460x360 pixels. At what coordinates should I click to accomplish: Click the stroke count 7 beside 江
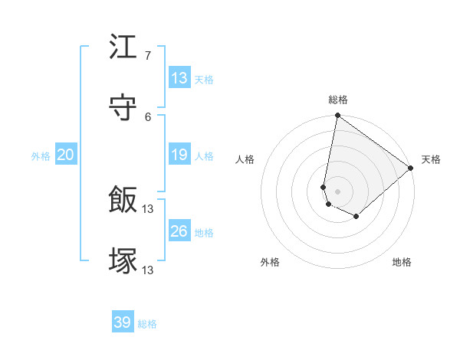tap(147, 55)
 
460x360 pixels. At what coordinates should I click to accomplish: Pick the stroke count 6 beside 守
tap(147, 116)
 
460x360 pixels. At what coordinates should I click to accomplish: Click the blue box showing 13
tap(179, 78)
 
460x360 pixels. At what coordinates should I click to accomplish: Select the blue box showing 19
tap(179, 155)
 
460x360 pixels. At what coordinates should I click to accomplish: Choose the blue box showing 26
tap(179, 231)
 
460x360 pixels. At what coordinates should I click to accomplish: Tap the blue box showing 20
tap(66, 155)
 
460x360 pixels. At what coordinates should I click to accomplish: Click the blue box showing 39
tap(123, 322)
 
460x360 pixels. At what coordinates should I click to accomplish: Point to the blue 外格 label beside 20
tap(41, 156)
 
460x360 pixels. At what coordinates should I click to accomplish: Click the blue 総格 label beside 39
tap(147, 324)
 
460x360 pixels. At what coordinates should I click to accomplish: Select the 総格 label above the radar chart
tap(338, 100)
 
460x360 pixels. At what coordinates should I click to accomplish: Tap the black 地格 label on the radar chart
tap(402, 262)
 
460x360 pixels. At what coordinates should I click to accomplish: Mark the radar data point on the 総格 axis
tap(337, 116)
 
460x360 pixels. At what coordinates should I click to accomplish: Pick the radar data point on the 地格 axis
tap(356, 217)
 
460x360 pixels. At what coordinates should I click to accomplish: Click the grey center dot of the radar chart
tap(337, 191)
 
